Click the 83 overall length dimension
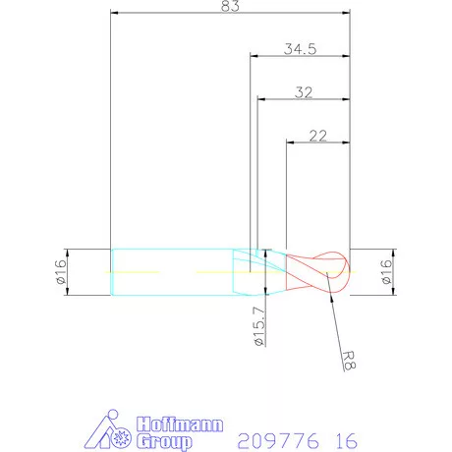(231, 7)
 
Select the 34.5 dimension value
(300, 49)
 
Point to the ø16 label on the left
(60, 271)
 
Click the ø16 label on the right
(386, 271)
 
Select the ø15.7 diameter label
(259, 328)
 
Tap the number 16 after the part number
(345, 436)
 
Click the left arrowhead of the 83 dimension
(116, 14)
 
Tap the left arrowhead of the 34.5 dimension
(254, 56)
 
